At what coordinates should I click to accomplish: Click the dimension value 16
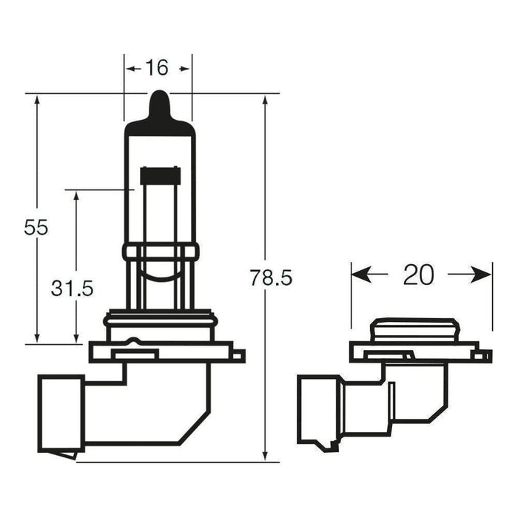[157, 68]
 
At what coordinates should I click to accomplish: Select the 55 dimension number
[36, 227]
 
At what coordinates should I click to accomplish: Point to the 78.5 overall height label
[271, 278]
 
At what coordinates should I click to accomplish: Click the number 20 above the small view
[418, 275]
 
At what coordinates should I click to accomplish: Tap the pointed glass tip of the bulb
[160, 104]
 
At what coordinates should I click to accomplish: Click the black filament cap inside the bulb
[161, 175]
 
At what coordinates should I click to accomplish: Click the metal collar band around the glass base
[161, 252]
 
